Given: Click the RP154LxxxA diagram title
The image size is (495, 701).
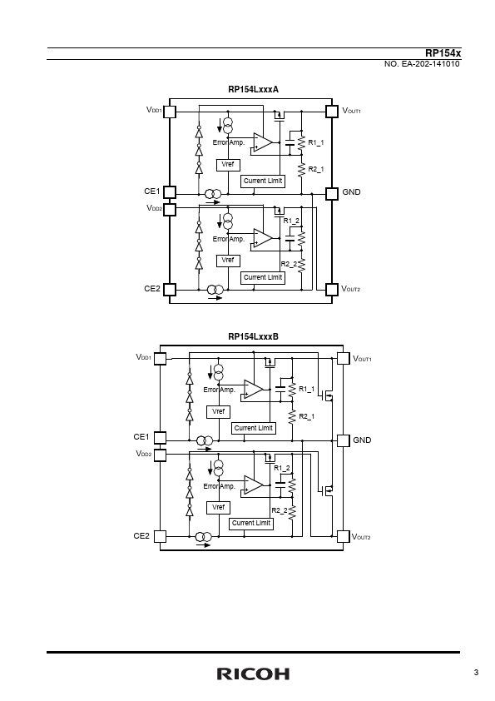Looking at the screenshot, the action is (x=253, y=89).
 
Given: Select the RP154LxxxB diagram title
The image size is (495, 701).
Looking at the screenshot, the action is (x=253, y=336).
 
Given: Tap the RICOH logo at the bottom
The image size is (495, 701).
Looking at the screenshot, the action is (x=253, y=674).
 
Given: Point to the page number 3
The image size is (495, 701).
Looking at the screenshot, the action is (x=476, y=673).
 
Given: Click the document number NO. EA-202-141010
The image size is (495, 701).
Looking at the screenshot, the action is (x=422, y=64).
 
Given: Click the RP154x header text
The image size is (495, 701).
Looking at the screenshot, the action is (x=443, y=53).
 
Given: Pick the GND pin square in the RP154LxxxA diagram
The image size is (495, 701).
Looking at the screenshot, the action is (x=331, y=193).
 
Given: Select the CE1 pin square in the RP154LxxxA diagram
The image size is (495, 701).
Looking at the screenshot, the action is (x=170, y=192).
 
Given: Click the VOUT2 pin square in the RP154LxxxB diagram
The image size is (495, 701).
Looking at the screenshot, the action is (x=343, y=536).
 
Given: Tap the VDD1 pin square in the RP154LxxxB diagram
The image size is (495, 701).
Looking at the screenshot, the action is (x=160, y=359).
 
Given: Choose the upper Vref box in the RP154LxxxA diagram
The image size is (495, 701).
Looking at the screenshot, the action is (x=228, y=165).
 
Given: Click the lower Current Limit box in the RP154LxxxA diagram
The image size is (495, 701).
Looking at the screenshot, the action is (x=263, y=277).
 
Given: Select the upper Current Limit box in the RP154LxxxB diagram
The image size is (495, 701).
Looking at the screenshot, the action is (x=253, y=428).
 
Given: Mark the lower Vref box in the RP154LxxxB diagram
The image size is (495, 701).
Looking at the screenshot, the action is (x=219, y=507).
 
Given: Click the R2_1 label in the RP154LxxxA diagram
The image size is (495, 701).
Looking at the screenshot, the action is (x=316, y=170).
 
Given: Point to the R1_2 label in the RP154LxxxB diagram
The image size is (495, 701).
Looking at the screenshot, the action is (x=282, y=468).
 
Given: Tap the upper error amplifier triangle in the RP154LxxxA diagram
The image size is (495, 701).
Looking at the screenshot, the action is (x=263, y=142).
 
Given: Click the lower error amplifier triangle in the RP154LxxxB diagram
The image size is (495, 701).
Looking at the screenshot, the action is (x=253, y=485).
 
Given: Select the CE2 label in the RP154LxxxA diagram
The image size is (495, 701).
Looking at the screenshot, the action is (x=152, y=289).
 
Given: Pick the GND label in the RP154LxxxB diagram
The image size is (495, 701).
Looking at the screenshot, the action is (x=362, y=440).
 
